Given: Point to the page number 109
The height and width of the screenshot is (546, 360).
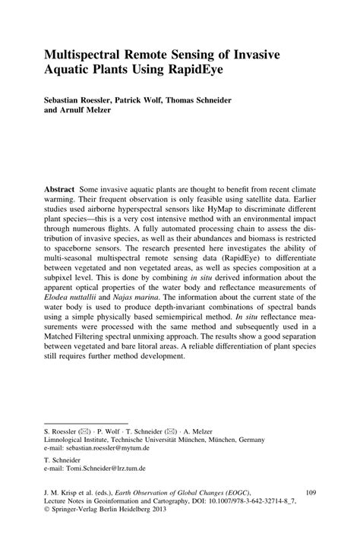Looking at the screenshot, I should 309,492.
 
